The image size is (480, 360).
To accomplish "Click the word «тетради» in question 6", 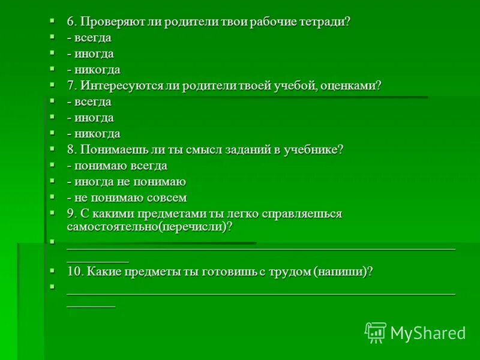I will [325, 22].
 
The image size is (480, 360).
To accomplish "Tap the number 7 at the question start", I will [70, 86].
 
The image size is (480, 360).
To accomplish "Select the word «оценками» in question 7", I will [354, 86].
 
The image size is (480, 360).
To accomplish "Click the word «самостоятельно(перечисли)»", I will [149, 227].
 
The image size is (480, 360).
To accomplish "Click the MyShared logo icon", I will [376, 332].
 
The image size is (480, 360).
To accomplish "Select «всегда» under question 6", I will [92, 38].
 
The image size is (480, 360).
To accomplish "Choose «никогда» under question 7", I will [97, 134].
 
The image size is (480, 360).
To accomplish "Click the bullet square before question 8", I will [53, 148].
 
